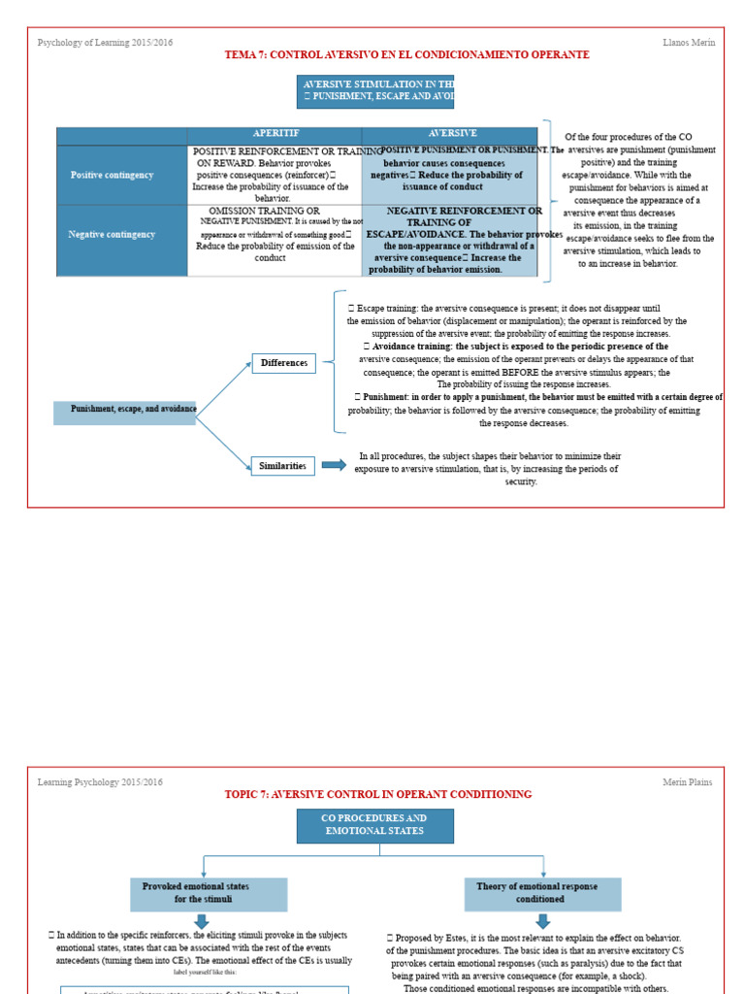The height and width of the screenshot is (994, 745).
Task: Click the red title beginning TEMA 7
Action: [x=406, y=55]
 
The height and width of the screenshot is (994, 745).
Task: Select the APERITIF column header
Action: [x=275, y=134]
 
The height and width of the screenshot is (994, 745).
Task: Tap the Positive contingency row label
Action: [x=112, y=175]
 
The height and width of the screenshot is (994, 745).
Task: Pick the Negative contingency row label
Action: [x=112, y=234]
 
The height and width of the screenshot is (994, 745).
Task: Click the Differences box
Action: [x=283, y=363]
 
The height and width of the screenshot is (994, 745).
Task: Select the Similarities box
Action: [x=282, y=466]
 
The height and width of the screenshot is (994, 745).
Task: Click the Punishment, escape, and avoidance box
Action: [x=125, y=410]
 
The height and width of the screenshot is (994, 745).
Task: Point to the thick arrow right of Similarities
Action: [x=334, y=465]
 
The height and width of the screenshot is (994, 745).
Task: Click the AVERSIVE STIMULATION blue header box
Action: [x=374, y=91]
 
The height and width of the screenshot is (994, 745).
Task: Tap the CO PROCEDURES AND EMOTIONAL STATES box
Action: [x=374, y=825]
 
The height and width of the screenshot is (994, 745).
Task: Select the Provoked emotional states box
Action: [x=209, y=893]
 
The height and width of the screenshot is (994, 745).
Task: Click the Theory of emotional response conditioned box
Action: [x=542, y=893]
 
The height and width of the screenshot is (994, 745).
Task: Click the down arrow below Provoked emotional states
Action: [x=201, y=920]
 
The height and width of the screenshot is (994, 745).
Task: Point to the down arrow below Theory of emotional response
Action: [x=542, y=920]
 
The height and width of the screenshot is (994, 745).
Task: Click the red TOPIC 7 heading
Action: [x=378, y=794]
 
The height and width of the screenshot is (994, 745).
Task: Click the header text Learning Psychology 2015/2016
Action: [x=100, y=782]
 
